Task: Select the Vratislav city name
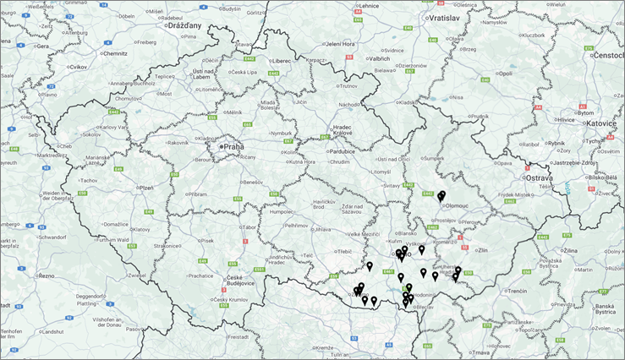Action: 442,17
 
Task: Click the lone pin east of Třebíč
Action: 370,266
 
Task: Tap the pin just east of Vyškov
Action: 421,249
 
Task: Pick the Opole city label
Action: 505,74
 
